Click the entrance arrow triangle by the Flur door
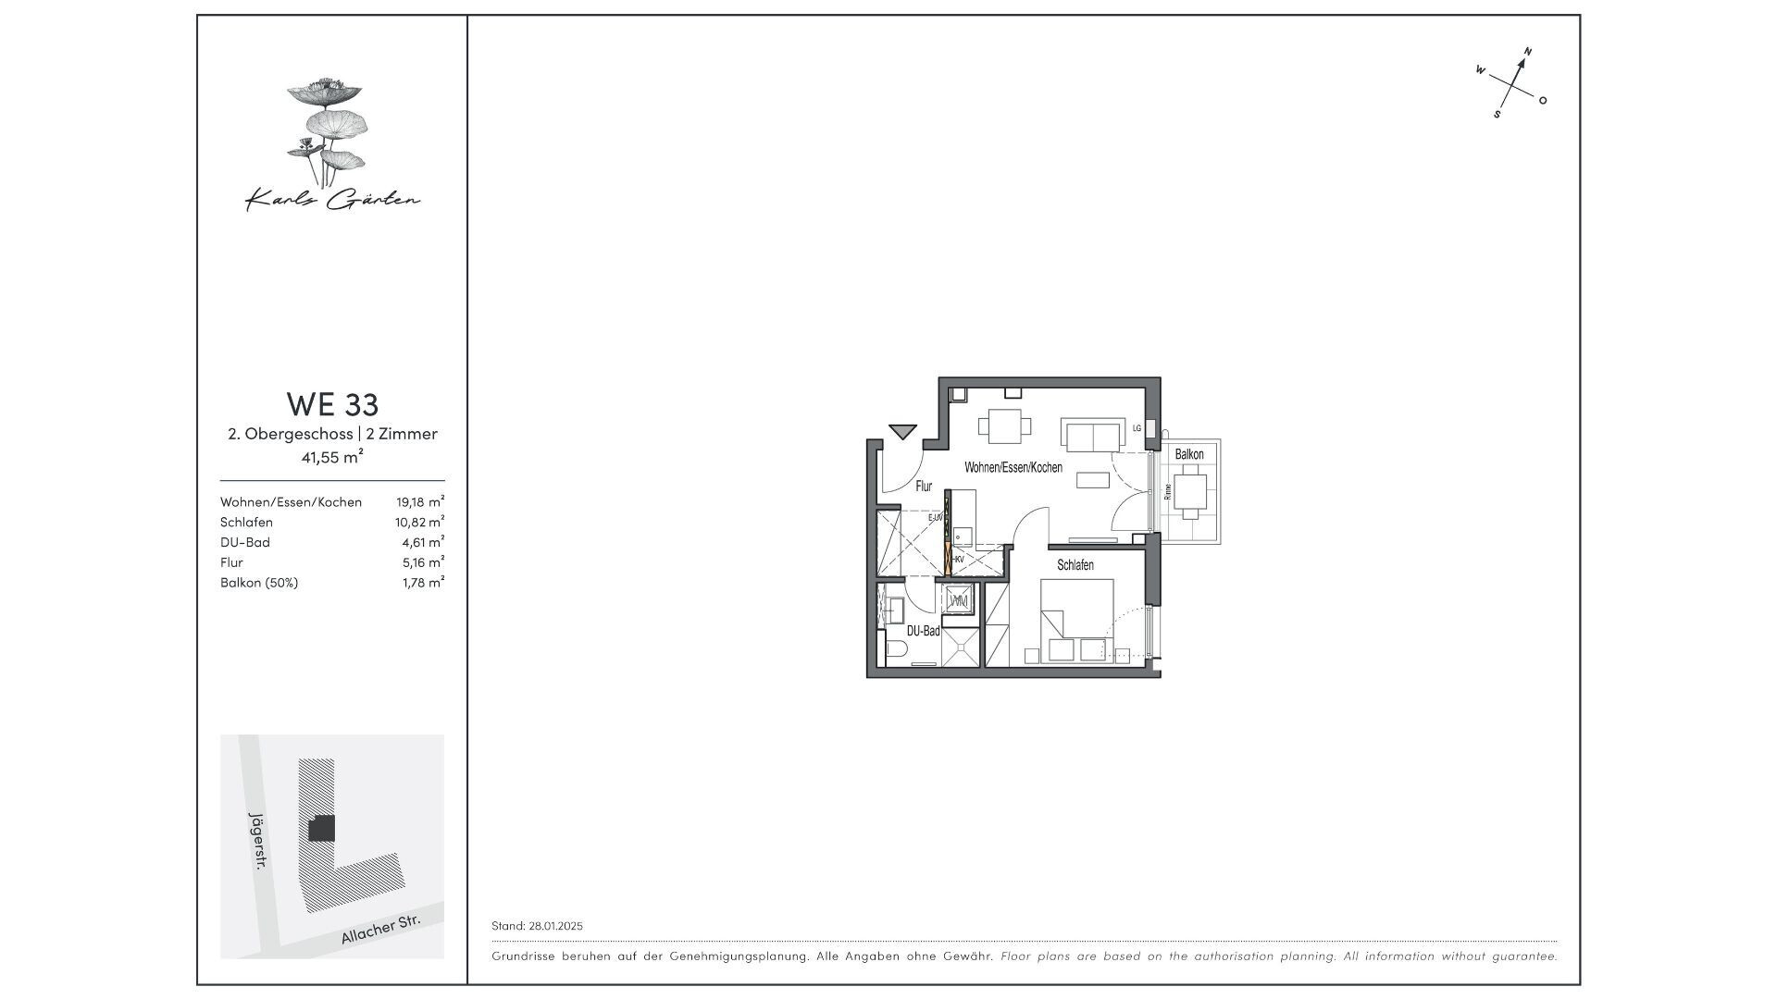pos(901,431)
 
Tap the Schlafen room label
pos(1075,565)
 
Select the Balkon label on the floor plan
pos(1189,454)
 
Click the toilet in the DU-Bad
pos(895,651)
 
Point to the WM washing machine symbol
pos(960,601)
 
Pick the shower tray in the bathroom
pos(960,647)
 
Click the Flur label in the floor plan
pos(924,486)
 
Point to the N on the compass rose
pos(1528,52)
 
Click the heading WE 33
pos(332,405)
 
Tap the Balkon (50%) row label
pos(259,583)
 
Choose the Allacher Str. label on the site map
pos(380,930)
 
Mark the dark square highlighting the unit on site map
pos(321,828)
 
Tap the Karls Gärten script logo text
pos(332,199)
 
